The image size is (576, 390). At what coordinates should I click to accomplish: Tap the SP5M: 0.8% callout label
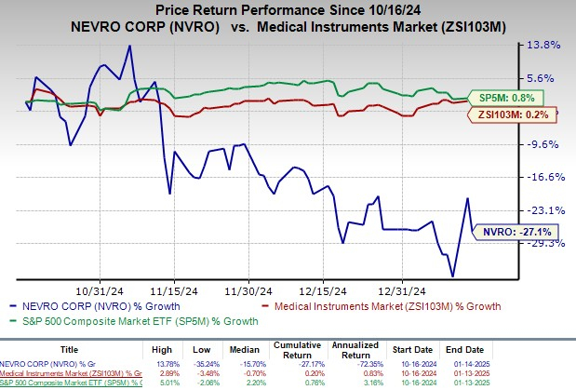click(x=517, y=96)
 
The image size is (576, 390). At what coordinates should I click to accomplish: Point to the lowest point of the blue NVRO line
click(x=452, y=276)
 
